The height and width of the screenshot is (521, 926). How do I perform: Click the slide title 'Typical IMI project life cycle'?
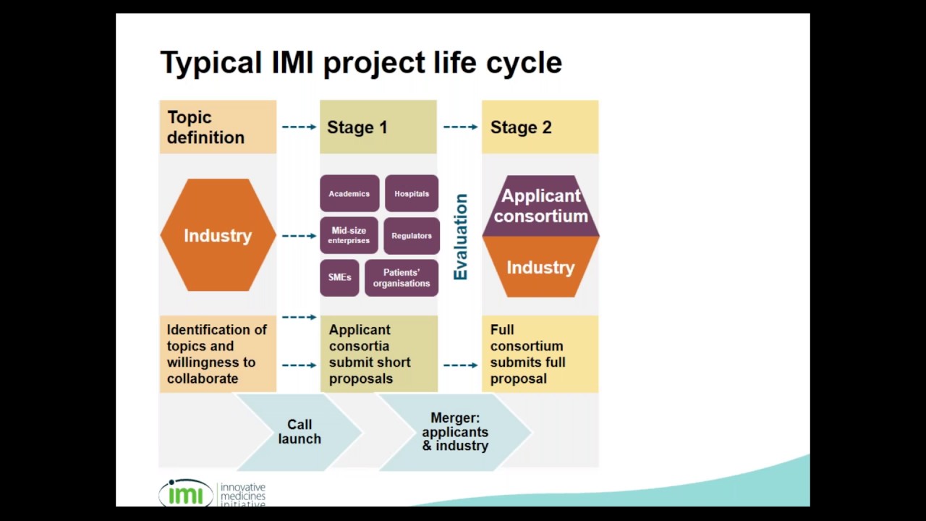[360, 63]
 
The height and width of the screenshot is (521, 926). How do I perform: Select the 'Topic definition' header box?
[217, 127]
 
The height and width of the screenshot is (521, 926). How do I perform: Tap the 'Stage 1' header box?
[378, 127]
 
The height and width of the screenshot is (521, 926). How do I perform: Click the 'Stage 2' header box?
[540, 127]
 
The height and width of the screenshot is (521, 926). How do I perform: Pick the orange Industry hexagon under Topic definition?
[217, 235]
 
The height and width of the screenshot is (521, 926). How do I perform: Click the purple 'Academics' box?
[349, 193]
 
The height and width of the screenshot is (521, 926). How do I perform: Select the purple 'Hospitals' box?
[412, 193]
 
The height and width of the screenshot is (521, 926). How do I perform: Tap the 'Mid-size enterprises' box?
[349, 235]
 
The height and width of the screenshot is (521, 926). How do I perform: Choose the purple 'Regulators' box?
[412, 235]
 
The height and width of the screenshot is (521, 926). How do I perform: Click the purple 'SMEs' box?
[339, 278]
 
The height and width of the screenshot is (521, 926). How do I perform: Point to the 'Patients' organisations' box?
[402, 278]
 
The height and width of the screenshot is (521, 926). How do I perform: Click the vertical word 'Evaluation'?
[461, 237]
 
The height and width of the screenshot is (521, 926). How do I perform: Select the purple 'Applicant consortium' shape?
[540, 206]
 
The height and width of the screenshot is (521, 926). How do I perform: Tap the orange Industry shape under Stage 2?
[540, 267]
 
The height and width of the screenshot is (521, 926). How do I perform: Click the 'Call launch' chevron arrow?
[300, 432]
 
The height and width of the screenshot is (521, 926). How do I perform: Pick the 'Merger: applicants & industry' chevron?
[455, 432]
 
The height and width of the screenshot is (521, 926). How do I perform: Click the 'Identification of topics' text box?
[217, 354]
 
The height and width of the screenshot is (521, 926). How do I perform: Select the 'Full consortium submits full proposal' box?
[540, 354]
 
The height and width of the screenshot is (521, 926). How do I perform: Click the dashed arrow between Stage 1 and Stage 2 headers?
[460, 127]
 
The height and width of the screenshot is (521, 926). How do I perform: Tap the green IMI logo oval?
[186, 494]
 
